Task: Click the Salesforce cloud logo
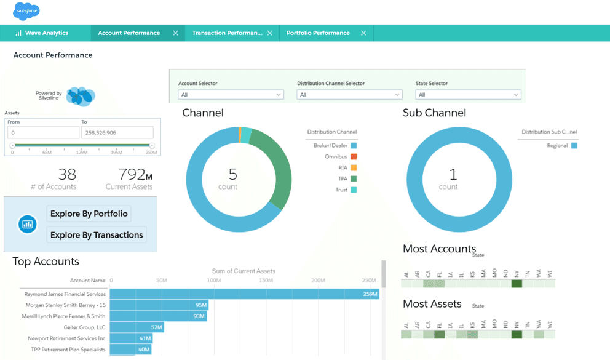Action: pos(26,11)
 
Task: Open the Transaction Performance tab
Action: pos(227,33)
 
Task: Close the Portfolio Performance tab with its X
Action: pos(363,33)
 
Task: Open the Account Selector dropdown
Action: pos(231,95)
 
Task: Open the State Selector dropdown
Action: pos(468,95)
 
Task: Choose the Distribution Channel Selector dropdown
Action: pos(349,95)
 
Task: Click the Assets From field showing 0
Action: pos(43,132)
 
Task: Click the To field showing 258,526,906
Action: pos(117,132)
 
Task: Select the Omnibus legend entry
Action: pos(336,157)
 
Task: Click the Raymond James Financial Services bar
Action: pos(244,294)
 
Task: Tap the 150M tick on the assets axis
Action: pos(266,281)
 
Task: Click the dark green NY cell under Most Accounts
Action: pos(517,284)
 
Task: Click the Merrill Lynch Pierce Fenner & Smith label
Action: pos(64,316)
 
